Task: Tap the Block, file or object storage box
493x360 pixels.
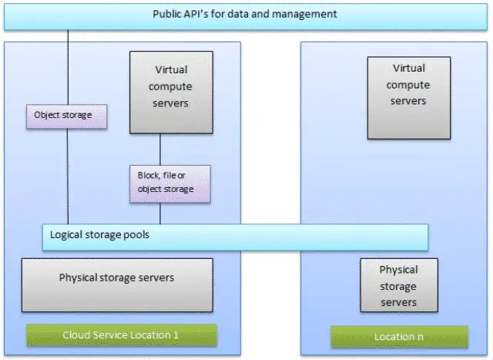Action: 160,183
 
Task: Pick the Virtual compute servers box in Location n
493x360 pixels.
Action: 407,85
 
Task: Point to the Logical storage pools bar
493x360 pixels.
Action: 235,236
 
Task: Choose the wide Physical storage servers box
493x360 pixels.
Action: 116,278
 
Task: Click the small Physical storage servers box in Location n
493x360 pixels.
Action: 399,285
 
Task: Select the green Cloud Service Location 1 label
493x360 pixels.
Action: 122,335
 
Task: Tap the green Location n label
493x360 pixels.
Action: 399,337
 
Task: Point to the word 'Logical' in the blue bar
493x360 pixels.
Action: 67,234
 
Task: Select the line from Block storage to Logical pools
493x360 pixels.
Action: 160,213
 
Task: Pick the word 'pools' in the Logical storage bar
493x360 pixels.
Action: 136,234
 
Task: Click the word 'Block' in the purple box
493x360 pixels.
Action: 148,176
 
